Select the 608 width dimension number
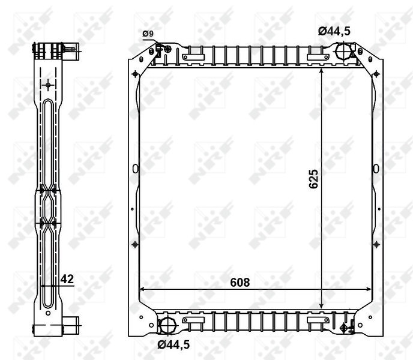pos(239,282)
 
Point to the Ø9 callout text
pos(148,34)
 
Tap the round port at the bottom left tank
pos(167,326)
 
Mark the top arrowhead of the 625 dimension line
pos(322,71)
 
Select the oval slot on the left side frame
pos(135,169)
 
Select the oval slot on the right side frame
pos(376,169)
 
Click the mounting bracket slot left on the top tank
pos(194,58)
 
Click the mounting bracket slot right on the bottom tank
pos(318,321)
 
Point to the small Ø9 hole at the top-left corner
pos(158,47)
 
